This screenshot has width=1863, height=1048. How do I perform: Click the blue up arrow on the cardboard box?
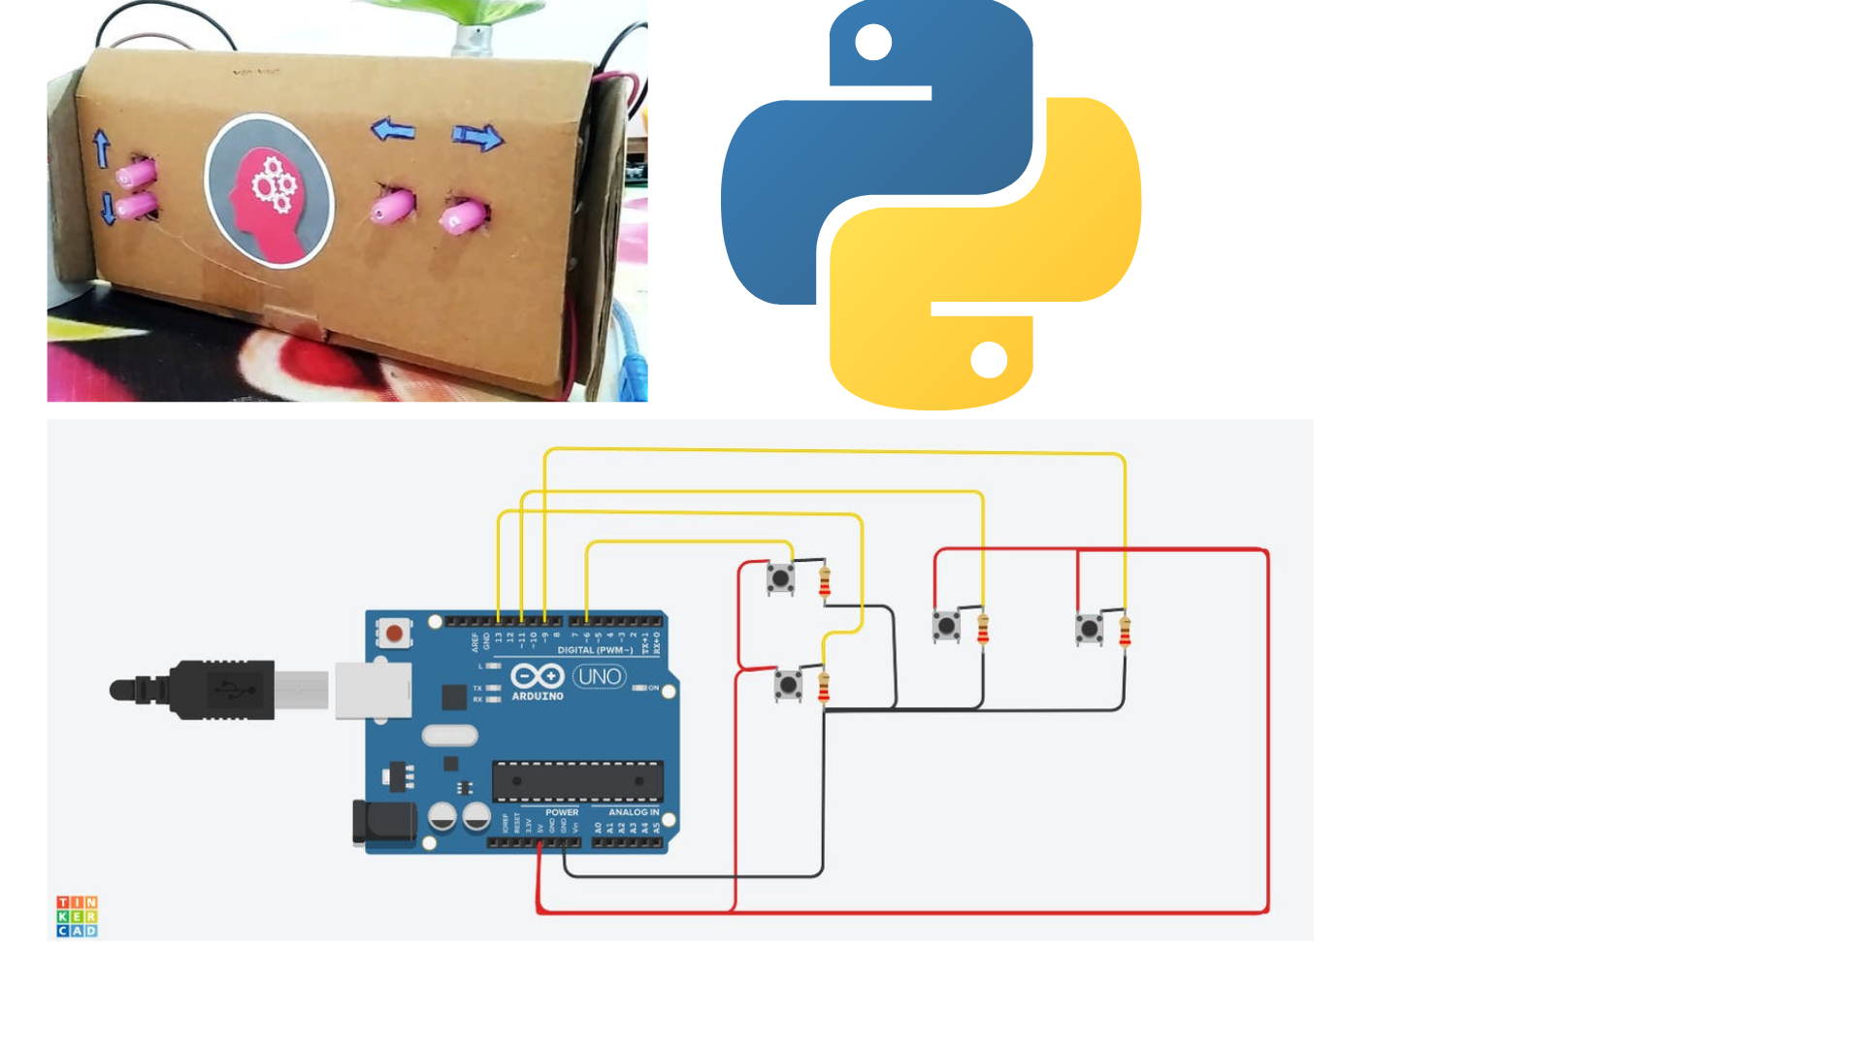point(101,148)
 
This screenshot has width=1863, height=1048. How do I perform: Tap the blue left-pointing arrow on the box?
point(393,129)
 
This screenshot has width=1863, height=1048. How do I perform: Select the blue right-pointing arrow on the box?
point(477,137)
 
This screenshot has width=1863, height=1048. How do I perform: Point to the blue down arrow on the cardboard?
point(108,209)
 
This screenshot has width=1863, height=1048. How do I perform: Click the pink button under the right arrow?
point(464,215)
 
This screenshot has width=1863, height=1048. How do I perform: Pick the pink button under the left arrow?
point(393,207)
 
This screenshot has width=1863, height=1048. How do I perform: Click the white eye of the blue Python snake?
point(873,43)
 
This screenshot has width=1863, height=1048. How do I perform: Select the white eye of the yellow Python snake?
point(989,359)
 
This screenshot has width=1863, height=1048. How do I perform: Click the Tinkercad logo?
point(78,916)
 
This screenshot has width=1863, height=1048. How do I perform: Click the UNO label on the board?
point(600,676)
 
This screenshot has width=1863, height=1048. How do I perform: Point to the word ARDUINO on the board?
point(538,697)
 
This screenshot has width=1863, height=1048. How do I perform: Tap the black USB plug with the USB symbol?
point(223,690)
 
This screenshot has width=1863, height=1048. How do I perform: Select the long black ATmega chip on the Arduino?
point(577,781)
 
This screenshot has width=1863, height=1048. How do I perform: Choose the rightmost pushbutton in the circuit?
point(1090,629)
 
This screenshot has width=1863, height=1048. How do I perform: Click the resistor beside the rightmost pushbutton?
point(1125,632)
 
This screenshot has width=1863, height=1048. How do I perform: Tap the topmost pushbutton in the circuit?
point(780,578)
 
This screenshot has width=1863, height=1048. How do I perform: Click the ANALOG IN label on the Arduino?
point(634,812)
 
